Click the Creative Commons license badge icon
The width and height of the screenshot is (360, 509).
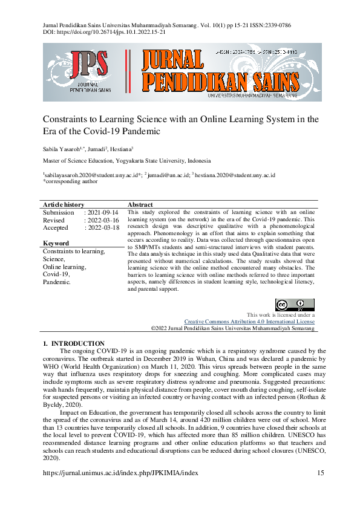tap(295, 305)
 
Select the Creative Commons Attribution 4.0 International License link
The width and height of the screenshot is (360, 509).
tap(249, 322)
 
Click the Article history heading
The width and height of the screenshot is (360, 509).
tap(64, 205)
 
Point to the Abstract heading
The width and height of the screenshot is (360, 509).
tap(140, 205)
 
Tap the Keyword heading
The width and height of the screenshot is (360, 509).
tap(56, 244)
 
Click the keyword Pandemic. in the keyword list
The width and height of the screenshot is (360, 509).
tap(57, 282)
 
